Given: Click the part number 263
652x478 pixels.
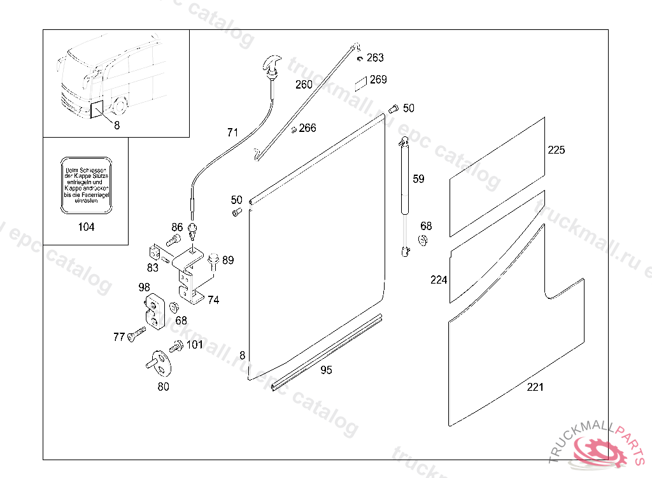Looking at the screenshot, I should (x=375, y=58).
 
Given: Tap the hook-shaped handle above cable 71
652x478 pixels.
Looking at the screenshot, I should (x=272, y=66).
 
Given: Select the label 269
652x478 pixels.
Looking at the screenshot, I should (x=378, y=80).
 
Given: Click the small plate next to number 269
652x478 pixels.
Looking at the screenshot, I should (x=361, y=82).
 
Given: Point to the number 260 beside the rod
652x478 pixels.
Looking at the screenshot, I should (x=304, y=84).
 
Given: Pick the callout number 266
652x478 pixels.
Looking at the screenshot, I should (x=308, y=128).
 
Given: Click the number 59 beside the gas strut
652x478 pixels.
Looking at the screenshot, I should (x=418, y=179).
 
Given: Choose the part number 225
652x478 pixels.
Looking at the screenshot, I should (x=556, y=150).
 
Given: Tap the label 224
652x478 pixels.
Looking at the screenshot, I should (x=439, y=280).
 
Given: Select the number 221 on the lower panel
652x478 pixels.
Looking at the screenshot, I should (x=535, y=387).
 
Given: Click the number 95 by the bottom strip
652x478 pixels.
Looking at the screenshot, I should (x=326, y=370).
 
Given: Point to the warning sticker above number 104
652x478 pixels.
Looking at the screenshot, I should (x=86, y=185).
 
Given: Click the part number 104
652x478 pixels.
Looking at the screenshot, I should (x=86, y=228).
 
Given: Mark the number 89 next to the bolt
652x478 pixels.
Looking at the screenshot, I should (x=228, y=260).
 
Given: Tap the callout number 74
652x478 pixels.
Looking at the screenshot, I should (x=213, y=300).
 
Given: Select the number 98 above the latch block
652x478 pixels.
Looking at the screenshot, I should (x=145, y=287).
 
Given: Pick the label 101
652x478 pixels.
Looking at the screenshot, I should (x=194, y=345).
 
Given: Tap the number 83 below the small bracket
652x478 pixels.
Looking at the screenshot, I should (x=153, y=268).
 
